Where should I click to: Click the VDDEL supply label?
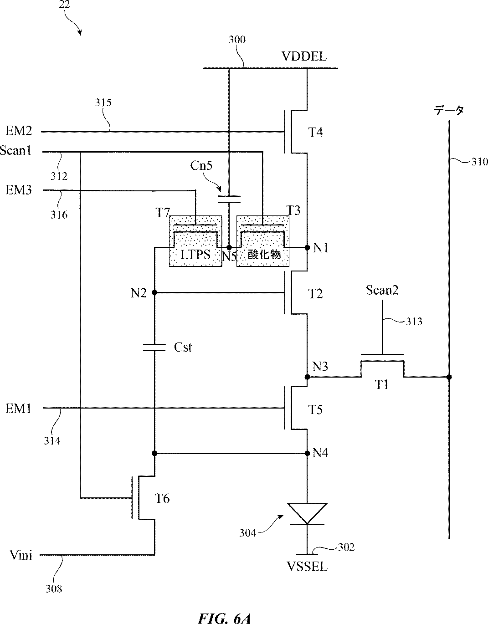[304, 56]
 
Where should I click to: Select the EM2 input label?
[19, 131]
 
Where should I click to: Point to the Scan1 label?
[16, 150]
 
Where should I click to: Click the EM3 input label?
[19, 190]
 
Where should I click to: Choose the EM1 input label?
[18, 409]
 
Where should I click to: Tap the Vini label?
[21, 555]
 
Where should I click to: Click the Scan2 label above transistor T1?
[382, 290]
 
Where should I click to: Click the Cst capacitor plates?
[154, 347]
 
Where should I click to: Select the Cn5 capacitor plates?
[229, 199]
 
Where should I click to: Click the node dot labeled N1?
[307, 247]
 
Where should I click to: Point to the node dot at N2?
[154, 292]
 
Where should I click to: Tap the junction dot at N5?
[229, 247]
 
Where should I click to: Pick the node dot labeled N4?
[307, 453]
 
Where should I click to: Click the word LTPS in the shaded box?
[195, 255]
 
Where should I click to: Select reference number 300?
[237, 40]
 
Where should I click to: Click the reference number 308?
[54, 588]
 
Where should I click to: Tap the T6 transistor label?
[162, 498]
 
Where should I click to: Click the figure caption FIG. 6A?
[224, 618]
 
